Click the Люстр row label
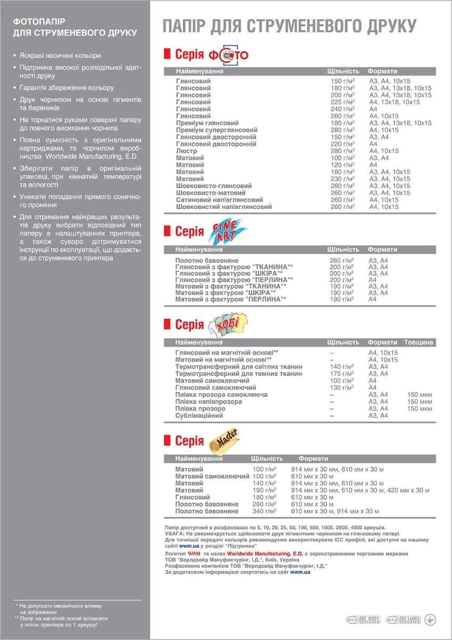tap(186, 151)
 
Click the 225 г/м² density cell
tap(342, 102)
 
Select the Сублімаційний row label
tap(199, 415)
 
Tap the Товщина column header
tap(419, 342)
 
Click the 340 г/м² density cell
tap(264, 511)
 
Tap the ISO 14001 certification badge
tap(403, 620)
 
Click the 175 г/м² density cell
tap(342, 374)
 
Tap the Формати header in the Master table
tap(313, 458)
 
